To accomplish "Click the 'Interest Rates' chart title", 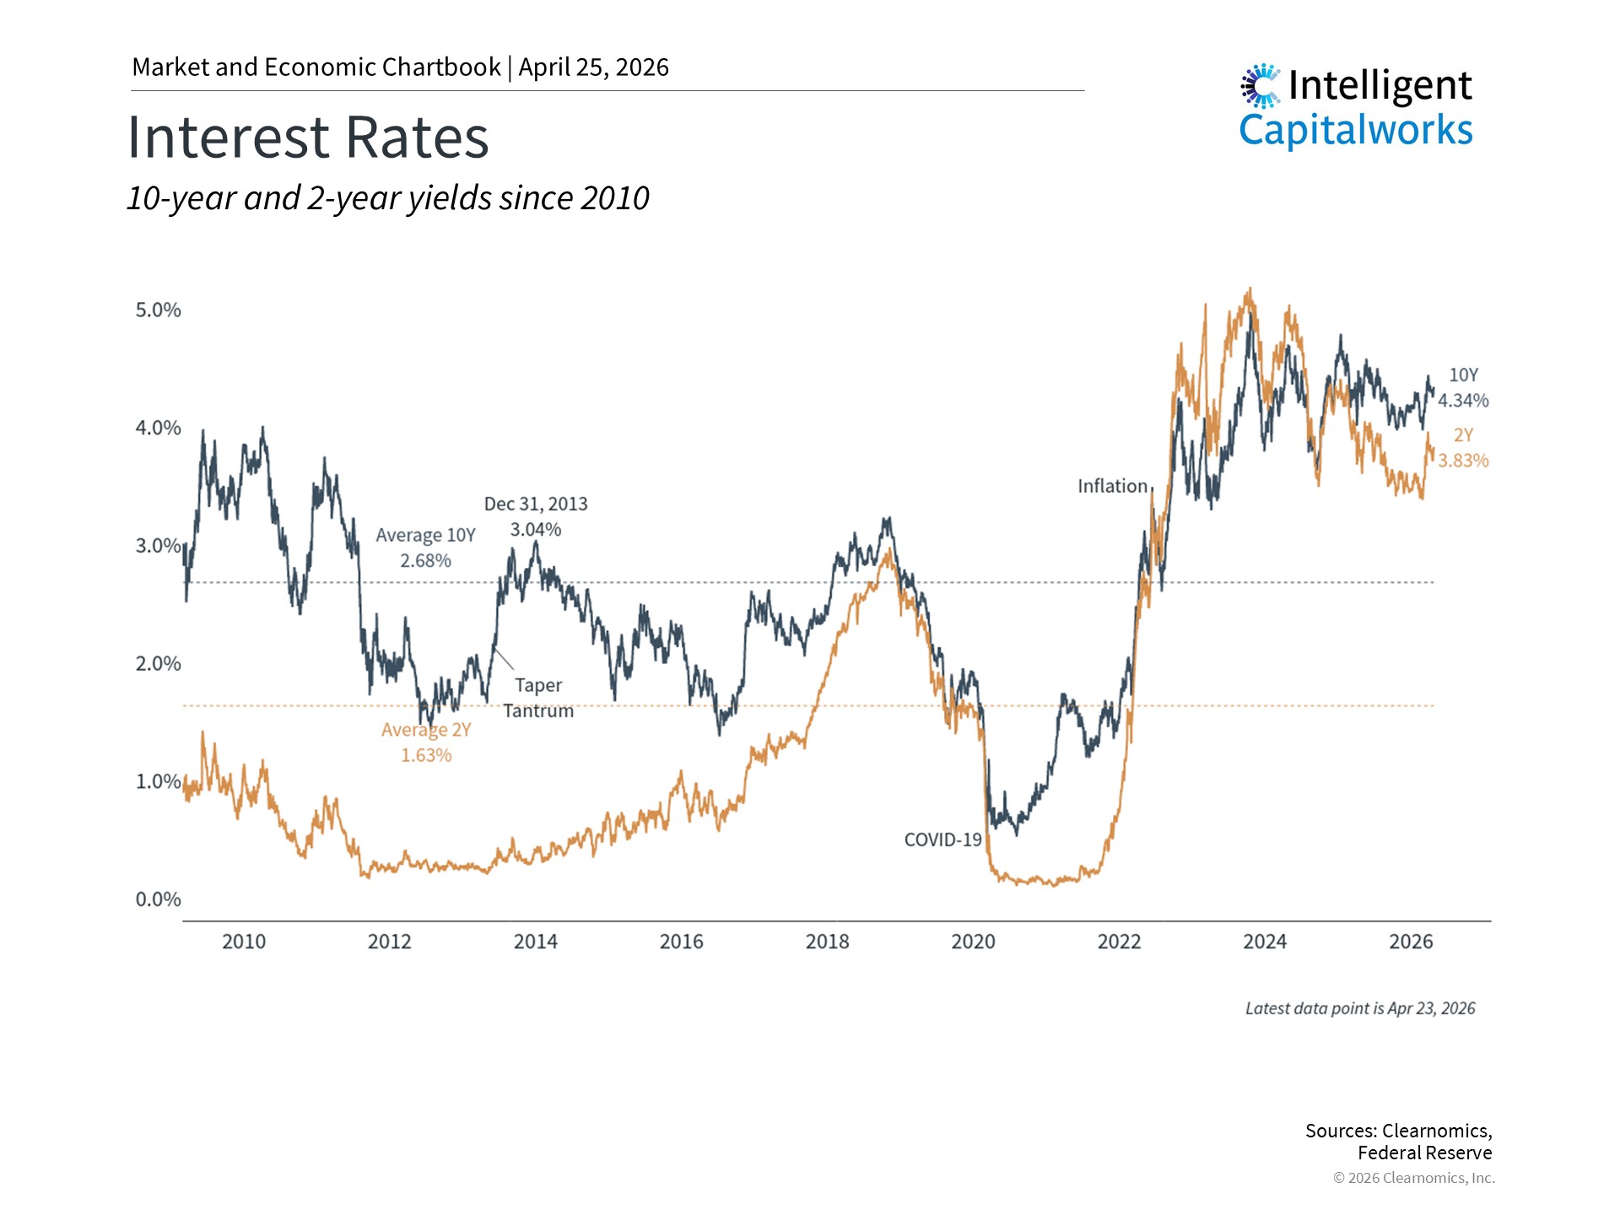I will coord(308,138).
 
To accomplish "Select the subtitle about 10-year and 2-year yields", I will coord(388,198).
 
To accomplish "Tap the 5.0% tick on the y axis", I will coord(159,310).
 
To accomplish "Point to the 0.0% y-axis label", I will coord(159,899).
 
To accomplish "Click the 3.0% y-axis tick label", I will coord(159,546).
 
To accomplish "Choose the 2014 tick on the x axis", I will coord(536,942).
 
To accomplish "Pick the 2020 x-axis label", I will coord(973,942).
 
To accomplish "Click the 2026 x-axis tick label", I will coord(1411,942).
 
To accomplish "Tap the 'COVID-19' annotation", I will coord(942,840).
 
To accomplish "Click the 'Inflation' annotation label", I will coord(1112,486).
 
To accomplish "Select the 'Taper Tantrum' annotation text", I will coord(538,698).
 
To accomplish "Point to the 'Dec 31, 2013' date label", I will coord(536,504).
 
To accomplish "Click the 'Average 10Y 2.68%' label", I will coord(425,548).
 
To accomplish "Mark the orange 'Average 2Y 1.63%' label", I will coord(426,742).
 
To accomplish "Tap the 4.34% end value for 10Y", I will coord(1463,401).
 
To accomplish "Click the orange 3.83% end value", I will coord(1463,461).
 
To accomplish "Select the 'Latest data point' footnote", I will coord(1360,1008).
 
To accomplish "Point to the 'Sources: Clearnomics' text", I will coord(1398,1131).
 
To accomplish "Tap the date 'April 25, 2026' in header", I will coord(593,67).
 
